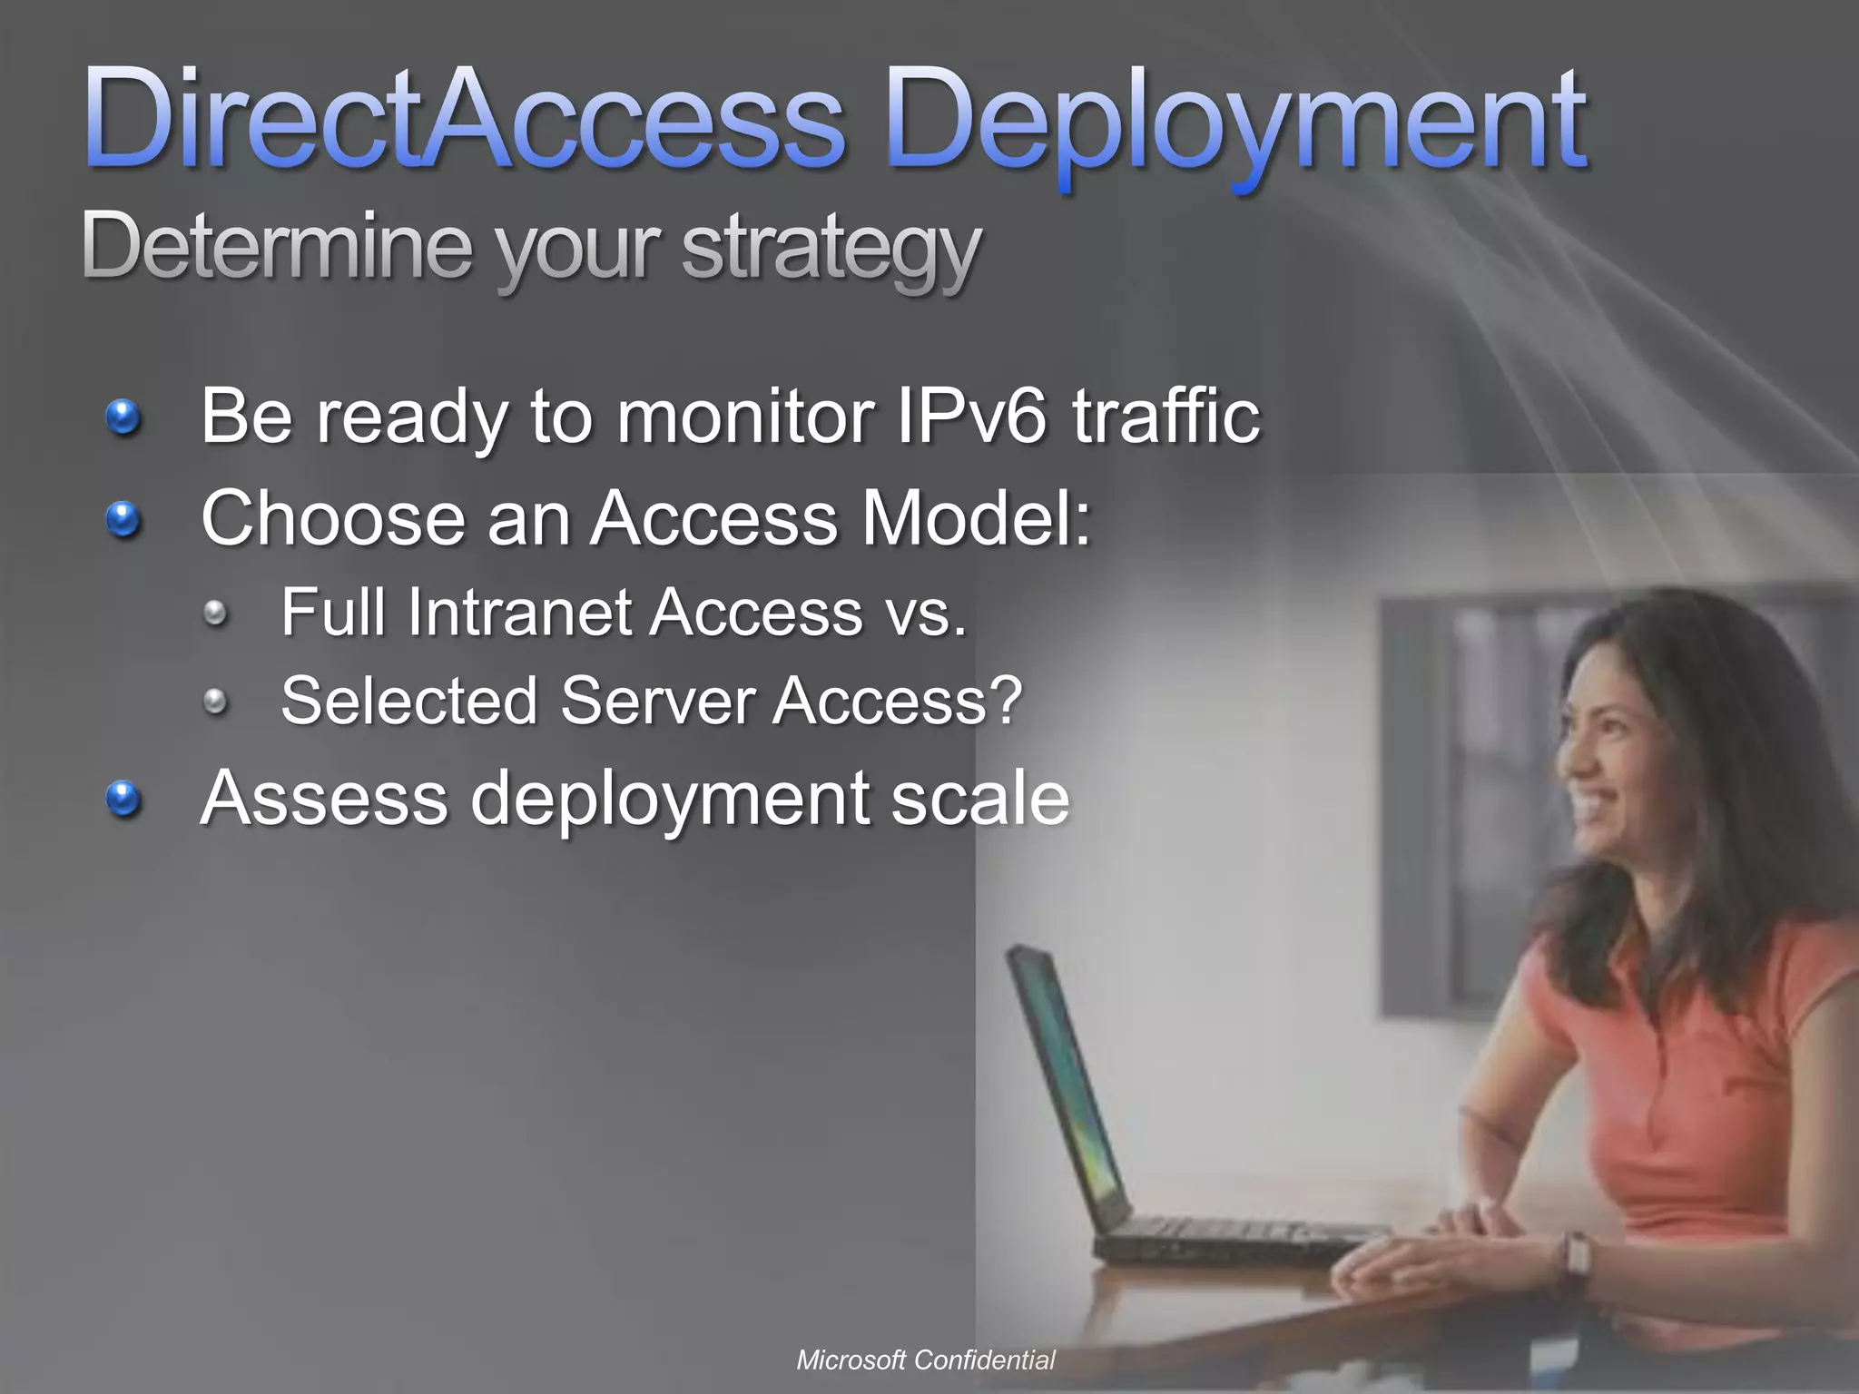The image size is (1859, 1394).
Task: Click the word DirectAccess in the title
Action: [463, 123]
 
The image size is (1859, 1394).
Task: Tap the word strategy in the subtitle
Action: [831, 250]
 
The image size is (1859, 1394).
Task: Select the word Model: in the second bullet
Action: [976, 518]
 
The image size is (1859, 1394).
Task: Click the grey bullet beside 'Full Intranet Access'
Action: [215, 614]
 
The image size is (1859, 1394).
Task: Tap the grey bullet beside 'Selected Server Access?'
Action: [215, 700]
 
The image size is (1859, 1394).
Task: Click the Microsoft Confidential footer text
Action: [926, 1360]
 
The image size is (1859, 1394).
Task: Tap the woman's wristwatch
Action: [1578, 1257]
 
